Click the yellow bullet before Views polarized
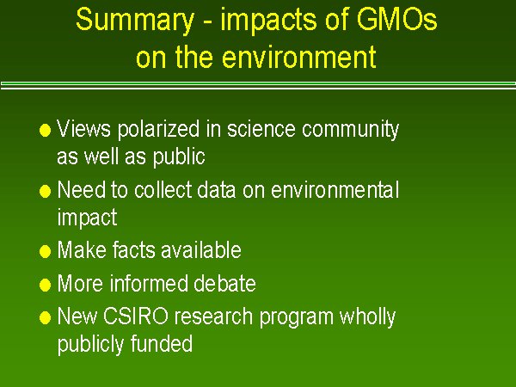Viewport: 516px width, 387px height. (x=46, y=131)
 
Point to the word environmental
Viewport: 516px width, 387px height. (x=340, y=190)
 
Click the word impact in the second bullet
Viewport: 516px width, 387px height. (x=87, y=218)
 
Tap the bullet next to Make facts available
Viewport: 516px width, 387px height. (x=46, y=252)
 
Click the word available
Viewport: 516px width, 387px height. (x=204, y=250)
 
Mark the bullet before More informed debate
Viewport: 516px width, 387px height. (x=46, y=285)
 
